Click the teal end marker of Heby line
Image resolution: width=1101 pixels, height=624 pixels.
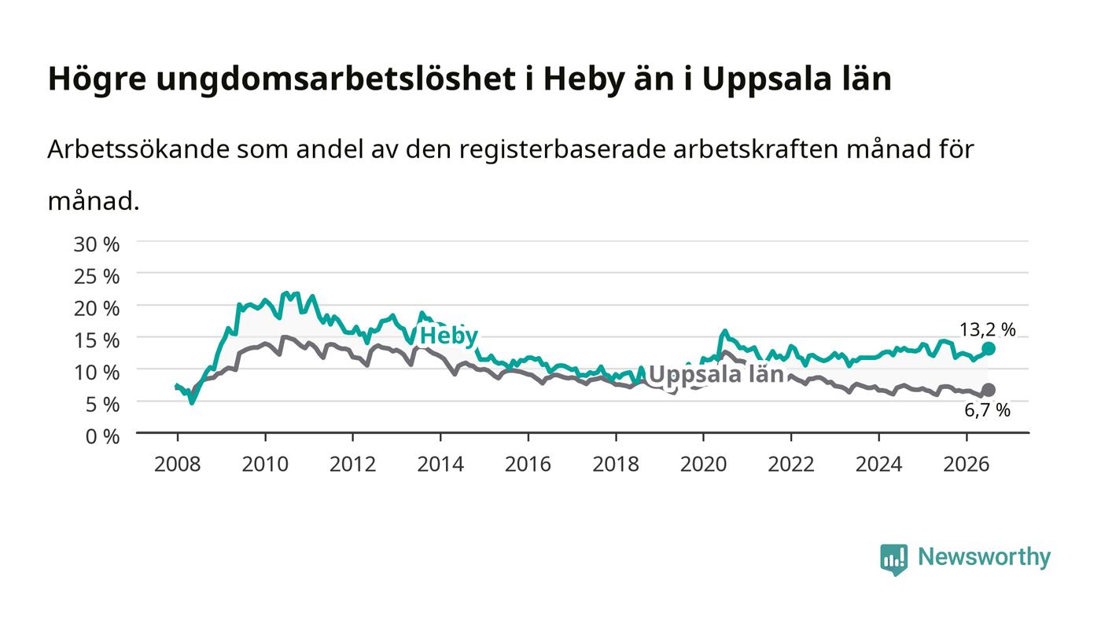pyautogui.click(x=988, y=349)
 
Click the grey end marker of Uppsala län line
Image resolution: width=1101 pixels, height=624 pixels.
pyautogui.click(x=988, y=390)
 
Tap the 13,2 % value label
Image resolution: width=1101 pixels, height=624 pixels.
pyautogui.click(x=987, y=330)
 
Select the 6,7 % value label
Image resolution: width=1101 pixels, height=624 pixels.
pyautogui.click(x=987, y=410)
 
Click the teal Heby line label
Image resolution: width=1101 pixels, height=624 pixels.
pyautogui.click(x=449, y=336)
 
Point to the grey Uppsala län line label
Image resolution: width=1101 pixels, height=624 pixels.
pyautogui.click(x=716, y=374)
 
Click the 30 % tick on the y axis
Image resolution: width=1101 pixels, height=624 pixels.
pyautogui.click(x=96, y=244)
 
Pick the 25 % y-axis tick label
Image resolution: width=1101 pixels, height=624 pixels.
pyautogui.click(x=96, y=277)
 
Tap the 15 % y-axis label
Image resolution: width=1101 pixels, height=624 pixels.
pyautogui.click(x=96, y=340)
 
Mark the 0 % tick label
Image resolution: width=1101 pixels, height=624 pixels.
pyautogui.click(x=102, y=436)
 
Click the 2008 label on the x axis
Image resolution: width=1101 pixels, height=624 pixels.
pyautogui.click(x=178, y=464)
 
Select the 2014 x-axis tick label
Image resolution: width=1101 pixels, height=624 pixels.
pyautogui.click(x=440, y=464)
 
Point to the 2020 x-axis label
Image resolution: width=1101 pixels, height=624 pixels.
pyautogui.click(x=703, y=464)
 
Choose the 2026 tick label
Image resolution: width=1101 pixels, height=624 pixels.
pyautogui.click(x=967, y=464)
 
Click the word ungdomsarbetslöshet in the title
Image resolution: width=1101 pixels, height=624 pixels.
pyautogui.click(x=335, y=80)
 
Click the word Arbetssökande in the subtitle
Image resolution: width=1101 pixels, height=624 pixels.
pyautogui.click(x=138, y=149)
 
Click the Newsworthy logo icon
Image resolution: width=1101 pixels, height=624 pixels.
pyautogui.click(x=893, y=559)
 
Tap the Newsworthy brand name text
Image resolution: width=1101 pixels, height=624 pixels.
pyautogui.click(x=984, y=558)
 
